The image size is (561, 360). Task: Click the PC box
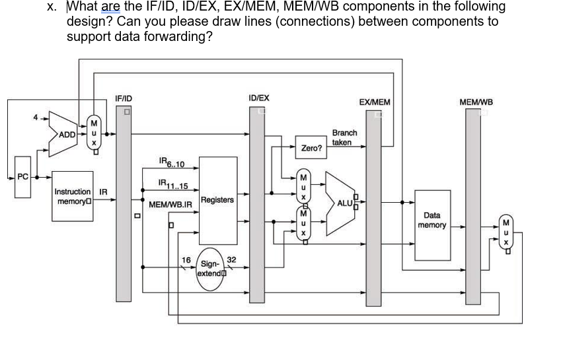[x=23, y=177]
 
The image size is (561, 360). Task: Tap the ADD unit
[x=65, y=135]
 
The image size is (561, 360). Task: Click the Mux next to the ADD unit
[x=94, y=132]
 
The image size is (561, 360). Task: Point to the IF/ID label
[x=123, y=98]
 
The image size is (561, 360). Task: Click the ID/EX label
[x=258, y=98]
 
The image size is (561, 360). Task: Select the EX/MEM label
[x=374, y=102]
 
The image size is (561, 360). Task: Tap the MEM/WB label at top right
[x=476, y=102]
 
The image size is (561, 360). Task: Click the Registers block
[x=217, y=199]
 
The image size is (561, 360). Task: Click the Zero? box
[x=311, y=149]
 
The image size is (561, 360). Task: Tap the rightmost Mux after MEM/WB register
[x=506, y=232]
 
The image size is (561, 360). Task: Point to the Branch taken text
[x=344, y=137]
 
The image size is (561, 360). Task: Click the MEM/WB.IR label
[x=170, y=205]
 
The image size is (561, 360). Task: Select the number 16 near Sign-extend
[x=186, y=260]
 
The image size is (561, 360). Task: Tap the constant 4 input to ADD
[x=38, y=119]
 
